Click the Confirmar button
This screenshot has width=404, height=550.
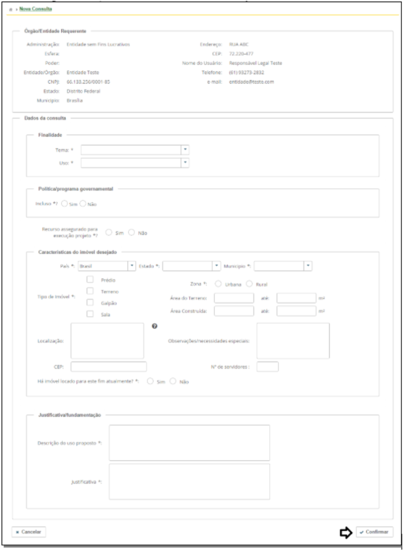tap(374, 532)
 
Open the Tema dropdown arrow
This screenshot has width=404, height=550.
tap(185, 150)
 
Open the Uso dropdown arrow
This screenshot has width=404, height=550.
tap(185, 162)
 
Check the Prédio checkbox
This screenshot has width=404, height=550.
tap(90, 279)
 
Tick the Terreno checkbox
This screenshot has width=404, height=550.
tap(90, 291)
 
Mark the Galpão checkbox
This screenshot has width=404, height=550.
tap(90, 302)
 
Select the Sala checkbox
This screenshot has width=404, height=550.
tap(90, 314)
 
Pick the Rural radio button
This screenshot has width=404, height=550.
tap(250, 284)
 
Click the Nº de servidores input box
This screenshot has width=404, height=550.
tap(267, 367)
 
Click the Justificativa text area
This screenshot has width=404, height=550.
tap(190, 481)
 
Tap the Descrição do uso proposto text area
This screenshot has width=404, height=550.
tap(190, 443)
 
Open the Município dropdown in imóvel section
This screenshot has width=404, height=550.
tap(308, 266)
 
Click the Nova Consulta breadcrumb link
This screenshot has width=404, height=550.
tap(36, 10)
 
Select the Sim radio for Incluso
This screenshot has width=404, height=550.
tap(64, 204)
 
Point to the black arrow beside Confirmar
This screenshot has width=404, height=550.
tap(346, 532)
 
